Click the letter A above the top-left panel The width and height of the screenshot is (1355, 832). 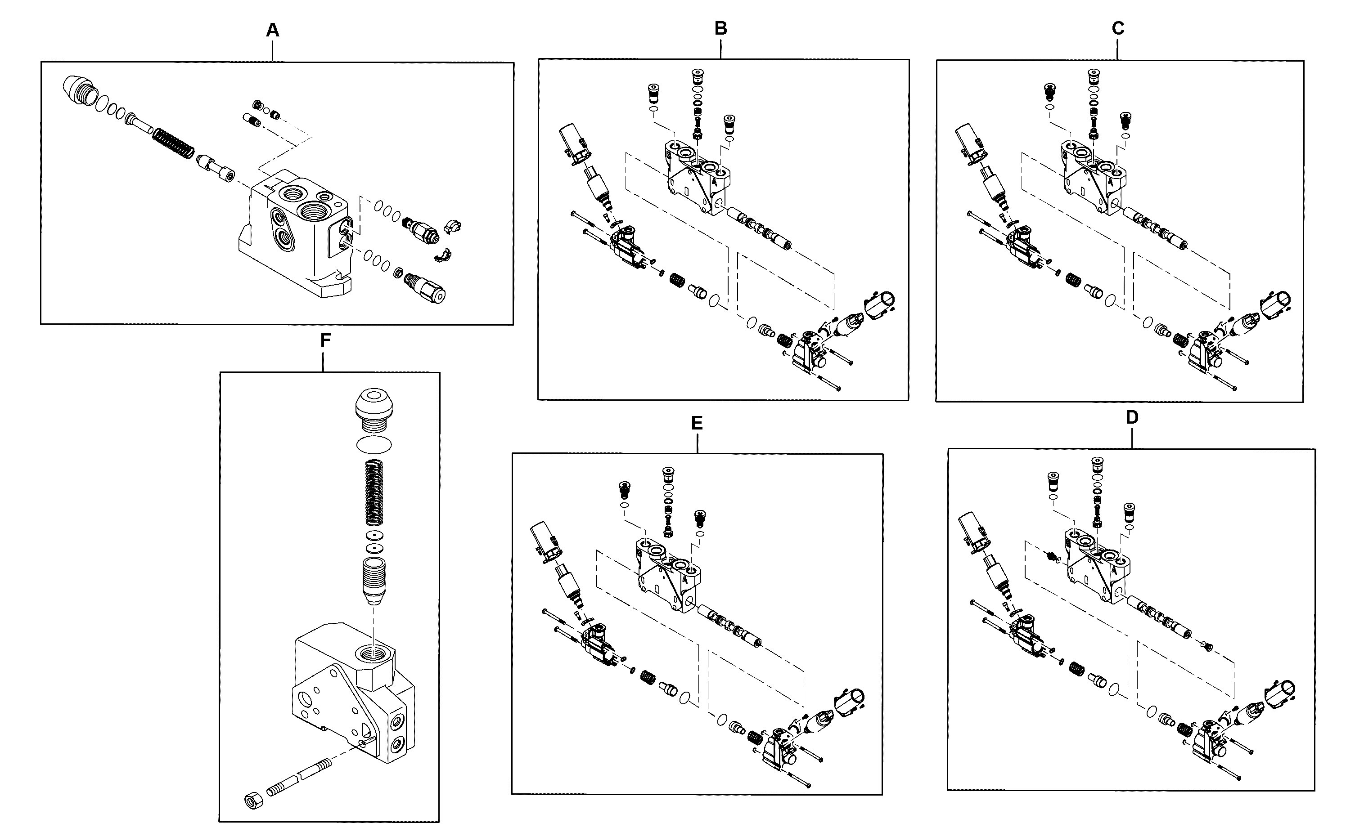273,31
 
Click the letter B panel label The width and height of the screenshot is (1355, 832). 721,29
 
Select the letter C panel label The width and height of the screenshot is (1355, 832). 1118,29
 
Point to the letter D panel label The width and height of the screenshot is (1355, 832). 1131,418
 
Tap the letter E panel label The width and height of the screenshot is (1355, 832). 697,423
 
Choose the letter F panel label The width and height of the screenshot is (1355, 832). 325,340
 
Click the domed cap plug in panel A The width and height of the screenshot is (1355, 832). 78,90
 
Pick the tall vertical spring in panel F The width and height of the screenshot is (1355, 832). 375,492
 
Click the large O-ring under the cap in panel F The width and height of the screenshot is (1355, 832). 374,443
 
